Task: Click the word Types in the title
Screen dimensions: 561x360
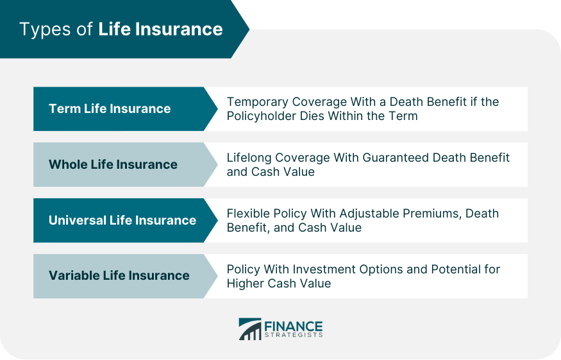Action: (45, 30)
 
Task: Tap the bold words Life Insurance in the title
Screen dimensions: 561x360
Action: (160, 29)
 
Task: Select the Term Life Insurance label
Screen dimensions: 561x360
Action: (110, 108)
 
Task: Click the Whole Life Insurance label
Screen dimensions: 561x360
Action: (113, 164)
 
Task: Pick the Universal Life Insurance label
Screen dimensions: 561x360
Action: (122, 220)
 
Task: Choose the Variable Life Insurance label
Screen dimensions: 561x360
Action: (119, 275)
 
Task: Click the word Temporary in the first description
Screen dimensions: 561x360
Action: (258, 103)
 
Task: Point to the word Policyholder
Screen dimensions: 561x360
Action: (262, 116)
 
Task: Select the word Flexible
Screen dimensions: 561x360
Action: (248, 214)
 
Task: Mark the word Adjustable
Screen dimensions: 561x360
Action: (369, 214)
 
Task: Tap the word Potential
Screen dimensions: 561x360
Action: (456, 270)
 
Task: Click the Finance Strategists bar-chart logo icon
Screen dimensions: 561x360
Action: (250, 329)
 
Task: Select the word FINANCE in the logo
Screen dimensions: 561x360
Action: (294, 327)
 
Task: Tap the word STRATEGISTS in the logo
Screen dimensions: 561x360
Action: (294, 335)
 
